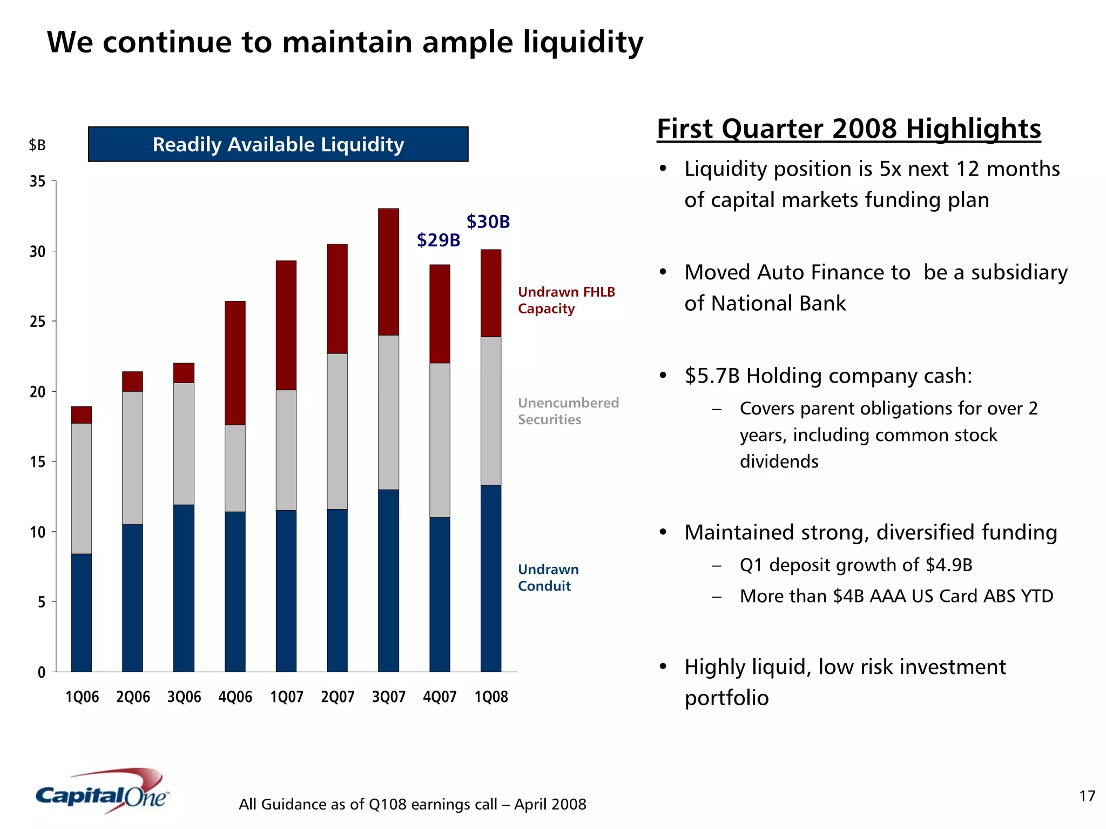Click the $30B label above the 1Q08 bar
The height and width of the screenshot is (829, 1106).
(488, 222)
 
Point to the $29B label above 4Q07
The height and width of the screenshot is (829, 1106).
(439, 240)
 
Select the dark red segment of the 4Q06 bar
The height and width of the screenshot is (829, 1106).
(235, 363)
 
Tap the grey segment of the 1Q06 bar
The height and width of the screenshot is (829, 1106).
(82, 488)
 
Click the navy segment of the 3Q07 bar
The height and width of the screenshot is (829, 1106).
(388, 580)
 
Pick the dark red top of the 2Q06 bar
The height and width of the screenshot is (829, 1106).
(132, 382)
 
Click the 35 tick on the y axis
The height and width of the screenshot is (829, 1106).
(38, 182)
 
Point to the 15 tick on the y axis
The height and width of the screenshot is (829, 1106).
(38, 462)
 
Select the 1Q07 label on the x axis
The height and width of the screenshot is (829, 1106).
(286, 697)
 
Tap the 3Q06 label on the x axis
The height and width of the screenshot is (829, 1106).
(184, 697)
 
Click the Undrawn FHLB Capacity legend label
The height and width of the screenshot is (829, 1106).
(566, 300)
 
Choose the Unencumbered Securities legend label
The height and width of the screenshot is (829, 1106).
(568, 411)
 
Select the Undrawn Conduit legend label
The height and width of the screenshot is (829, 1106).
(548, 578)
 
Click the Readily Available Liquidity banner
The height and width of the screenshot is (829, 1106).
(278, 144)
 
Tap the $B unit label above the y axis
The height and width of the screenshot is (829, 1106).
(37, 145)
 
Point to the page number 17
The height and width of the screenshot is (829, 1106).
(1087, 796)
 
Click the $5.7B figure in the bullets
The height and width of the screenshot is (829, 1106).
(712, 376)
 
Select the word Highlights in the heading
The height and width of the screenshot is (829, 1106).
(973, 129)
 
